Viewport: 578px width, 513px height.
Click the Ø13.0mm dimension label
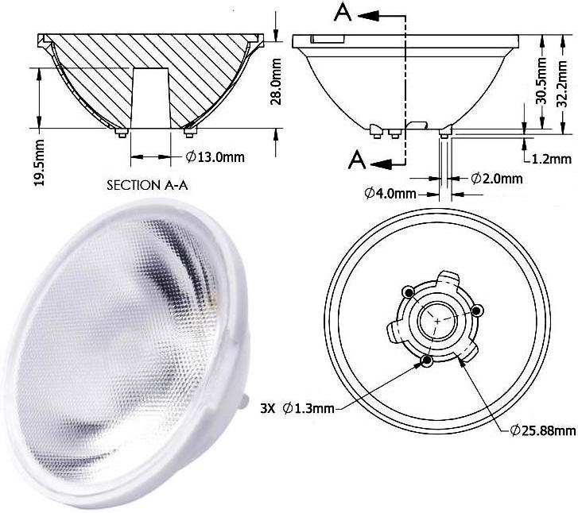(x=215, y=156)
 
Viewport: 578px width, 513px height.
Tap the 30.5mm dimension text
(x=541, y=80)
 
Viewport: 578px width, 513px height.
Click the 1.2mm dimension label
(x=553, y=158)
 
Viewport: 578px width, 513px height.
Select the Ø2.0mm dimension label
(x=497, y=178)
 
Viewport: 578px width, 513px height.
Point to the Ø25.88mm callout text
(x=543, y=430)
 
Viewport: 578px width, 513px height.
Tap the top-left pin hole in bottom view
(x=409, y=293)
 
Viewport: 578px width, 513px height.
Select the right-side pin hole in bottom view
(x=477, y=310)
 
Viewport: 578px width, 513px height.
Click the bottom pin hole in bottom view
(x=427, y=361)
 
